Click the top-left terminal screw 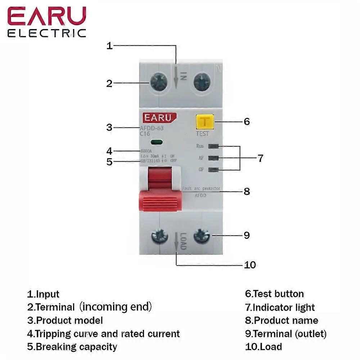point(158,83)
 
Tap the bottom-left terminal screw point(159,237)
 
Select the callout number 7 point(260,158)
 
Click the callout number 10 point(250,265)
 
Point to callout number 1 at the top point(110,46)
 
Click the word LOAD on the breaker point(183,241)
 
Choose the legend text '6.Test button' point(274,294)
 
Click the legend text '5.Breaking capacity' point(72,347)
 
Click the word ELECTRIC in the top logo point(47,33)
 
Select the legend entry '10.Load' point(264,347)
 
